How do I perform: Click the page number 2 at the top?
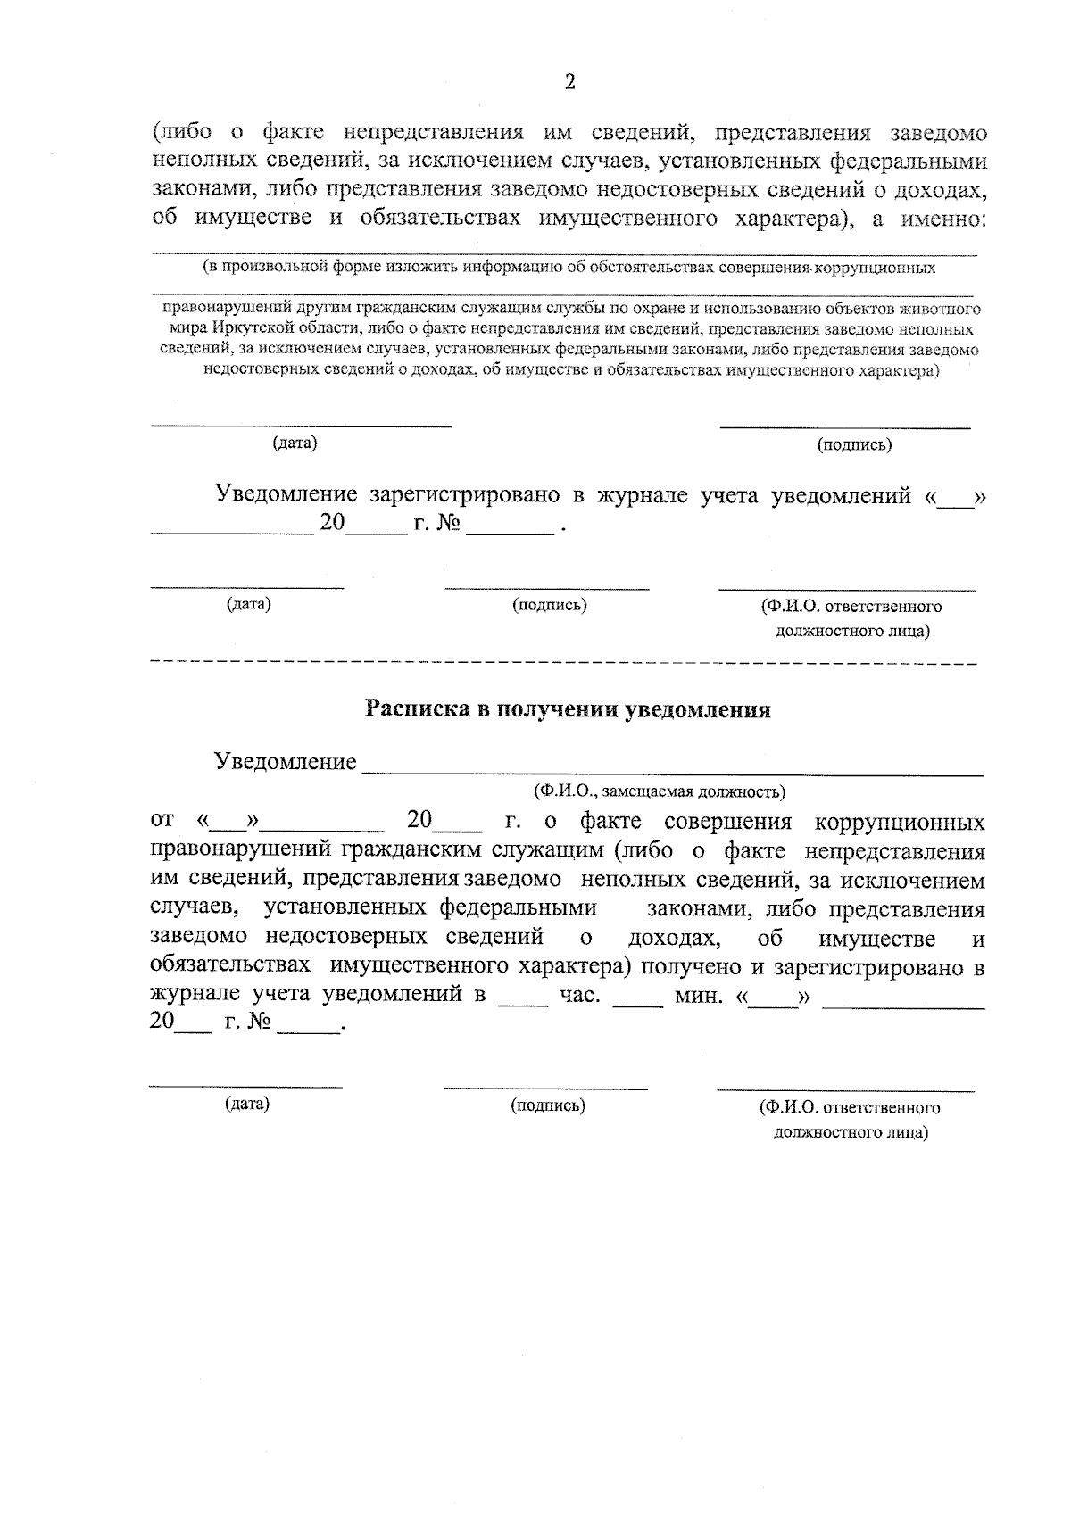pyautogui.click(x=569, y=83)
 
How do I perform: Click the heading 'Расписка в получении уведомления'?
pyautogui.click(x=569, y=710)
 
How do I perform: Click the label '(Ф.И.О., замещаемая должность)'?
pyautogui.click(x=659, y=791)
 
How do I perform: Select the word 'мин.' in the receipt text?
pyautogui.click(x=699, y=995)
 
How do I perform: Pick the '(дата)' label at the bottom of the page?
pyautogui.click(x=247, y=1105)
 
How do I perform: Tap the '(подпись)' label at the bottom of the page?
pyautogui.click(x=547, y=1106)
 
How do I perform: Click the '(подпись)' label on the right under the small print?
pyautogui.click(x=854, y=445)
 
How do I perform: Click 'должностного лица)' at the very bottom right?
pyautogui.click(x=850, y=1133)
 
